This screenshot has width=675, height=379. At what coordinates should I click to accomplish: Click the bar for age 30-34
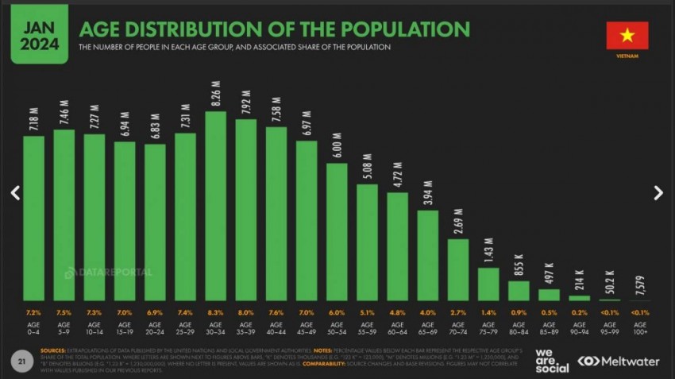[x=215, y=206]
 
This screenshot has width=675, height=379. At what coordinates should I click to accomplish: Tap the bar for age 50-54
[x=337, y=231]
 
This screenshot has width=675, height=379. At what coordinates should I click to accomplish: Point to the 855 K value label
[x=519, y=264]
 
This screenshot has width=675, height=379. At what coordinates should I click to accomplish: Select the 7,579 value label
[x=640, y=284]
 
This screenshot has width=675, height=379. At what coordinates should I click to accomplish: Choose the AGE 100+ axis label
[x=640, y=328]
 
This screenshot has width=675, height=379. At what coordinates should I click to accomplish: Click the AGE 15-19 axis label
[x=125, y=328]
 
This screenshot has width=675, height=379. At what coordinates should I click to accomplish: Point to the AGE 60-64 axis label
[x=398, y=328]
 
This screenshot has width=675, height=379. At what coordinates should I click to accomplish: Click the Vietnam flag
[x=627, y=36]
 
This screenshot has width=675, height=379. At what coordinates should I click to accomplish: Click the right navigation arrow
[x=658, y=192]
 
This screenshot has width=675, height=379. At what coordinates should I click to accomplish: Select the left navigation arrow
[x=15, y=192]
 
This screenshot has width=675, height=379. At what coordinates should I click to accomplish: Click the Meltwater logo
[x=618, y=362]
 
